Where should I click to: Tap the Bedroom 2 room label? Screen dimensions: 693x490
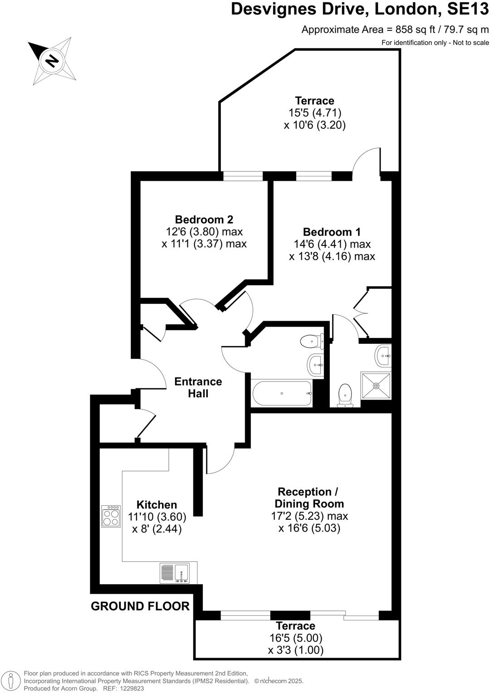click(x=204, y=220)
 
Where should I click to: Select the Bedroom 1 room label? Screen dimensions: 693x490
click(x=332, y=232)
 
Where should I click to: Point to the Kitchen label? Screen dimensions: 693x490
click(x=157, y=505)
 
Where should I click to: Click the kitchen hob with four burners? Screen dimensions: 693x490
click(x=111, y=516)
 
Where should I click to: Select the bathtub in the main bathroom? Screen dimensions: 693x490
click(x=282, y=393)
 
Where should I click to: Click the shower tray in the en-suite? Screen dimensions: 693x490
click(x=376, y=386)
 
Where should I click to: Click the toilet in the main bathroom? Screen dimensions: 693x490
click(x=311, y=341)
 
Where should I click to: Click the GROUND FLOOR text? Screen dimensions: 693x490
click(x=140, y=606)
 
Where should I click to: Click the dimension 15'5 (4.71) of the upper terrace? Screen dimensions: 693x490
click(x=315, y=112)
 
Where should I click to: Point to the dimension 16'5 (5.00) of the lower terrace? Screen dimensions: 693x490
click(x=295, y=638)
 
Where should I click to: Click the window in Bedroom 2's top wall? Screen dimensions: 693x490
click(x=243, y=176)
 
